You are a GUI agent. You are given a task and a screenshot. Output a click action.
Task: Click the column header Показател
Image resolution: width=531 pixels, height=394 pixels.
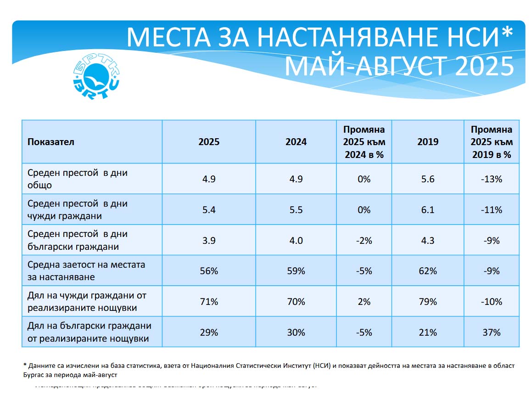(x=51, y=142)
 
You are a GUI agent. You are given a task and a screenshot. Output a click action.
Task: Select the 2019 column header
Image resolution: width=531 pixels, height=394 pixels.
(x=428, y=142)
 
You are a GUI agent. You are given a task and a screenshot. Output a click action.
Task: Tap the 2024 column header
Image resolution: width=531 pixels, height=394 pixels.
(x=296, y=142)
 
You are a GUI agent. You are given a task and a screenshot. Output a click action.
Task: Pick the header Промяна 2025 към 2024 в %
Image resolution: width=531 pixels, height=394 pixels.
(x=364, y=142)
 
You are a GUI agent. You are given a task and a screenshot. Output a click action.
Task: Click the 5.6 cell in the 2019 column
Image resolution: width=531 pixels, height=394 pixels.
(x=428, y=179)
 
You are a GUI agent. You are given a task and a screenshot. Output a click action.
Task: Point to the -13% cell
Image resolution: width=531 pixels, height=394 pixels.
(x=492, y=179)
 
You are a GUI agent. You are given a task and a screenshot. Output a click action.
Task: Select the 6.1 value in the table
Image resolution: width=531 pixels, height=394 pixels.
(x=428, y=210)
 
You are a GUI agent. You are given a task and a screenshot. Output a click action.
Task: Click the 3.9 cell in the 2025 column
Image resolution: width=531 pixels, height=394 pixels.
(x=209, y=241)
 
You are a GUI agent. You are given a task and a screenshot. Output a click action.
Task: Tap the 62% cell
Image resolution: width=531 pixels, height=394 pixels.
(x=428, y=271)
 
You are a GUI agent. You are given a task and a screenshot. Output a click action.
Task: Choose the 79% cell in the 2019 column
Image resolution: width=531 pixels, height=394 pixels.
(x=428, y=302)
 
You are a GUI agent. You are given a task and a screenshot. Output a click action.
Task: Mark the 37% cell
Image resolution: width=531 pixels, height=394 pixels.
(x=492, y=332)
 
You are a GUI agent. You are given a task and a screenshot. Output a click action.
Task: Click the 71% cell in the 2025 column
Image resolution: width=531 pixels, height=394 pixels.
(x=209, y=302)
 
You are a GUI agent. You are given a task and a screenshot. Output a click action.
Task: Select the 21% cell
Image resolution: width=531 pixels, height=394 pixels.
(x=428, y=332)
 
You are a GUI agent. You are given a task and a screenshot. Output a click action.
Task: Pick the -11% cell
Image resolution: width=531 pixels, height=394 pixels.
(x=492, y=210)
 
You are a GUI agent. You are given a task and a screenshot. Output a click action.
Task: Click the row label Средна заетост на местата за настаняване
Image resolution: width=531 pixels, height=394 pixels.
(x=86, y=271)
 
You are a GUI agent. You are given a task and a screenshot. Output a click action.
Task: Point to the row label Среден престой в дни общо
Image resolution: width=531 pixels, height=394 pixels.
(x=77, y=179)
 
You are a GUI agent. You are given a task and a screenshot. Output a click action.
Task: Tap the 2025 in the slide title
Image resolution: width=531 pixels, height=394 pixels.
(x=484, y=67)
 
